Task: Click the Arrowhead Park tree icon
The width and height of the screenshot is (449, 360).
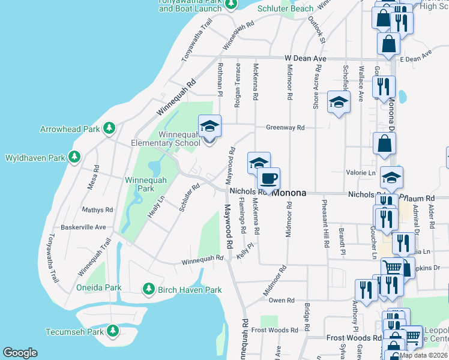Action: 109,128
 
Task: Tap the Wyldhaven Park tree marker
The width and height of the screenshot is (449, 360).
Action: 74,158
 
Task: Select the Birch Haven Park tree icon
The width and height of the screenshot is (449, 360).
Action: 148,290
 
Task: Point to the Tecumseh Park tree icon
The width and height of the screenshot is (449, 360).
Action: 112,331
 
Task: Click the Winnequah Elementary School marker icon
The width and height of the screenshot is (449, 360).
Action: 209,127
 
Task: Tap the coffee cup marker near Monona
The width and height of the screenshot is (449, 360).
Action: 268,179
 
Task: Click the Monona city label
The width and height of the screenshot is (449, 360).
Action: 289,193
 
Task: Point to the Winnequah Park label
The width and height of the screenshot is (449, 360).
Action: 140,184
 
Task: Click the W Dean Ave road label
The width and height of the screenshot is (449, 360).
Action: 305,58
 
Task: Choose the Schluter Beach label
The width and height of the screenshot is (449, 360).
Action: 285,9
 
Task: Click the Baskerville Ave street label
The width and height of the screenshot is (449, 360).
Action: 83,227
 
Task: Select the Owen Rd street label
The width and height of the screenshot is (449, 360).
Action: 282,300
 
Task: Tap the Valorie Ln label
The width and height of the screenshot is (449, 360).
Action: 361,172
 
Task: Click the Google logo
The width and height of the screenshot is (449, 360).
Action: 20,353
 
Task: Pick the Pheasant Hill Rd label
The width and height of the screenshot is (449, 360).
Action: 325,224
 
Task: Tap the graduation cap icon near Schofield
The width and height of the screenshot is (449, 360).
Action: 339,103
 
